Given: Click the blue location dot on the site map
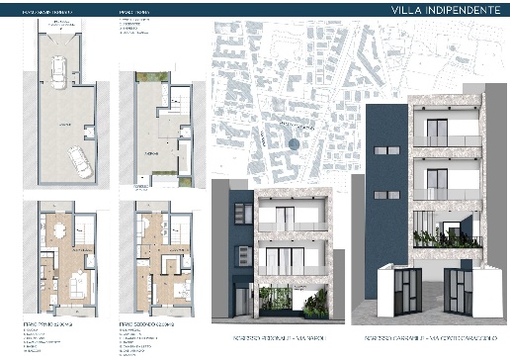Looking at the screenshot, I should [x=293, y=142].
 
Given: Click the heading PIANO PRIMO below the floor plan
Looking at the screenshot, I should [x=43, y=322].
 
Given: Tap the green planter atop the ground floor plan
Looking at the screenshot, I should [x=144, y=81].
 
